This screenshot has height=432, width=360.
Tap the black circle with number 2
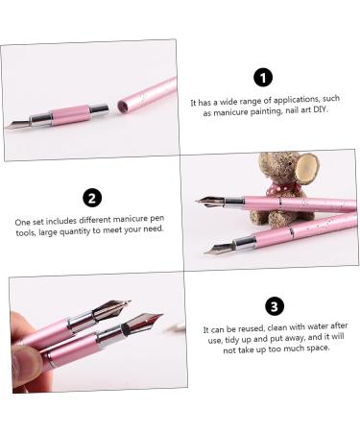click(x=92, y=198)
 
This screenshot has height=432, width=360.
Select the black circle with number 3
click(x=275, y=306)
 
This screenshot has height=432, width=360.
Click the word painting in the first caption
click(x=260, y=112)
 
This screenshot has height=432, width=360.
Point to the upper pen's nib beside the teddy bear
click(x=210, y=203)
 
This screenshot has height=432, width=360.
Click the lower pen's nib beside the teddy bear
click(x=219, y=249)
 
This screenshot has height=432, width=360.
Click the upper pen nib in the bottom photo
click(x=113, y=310)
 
